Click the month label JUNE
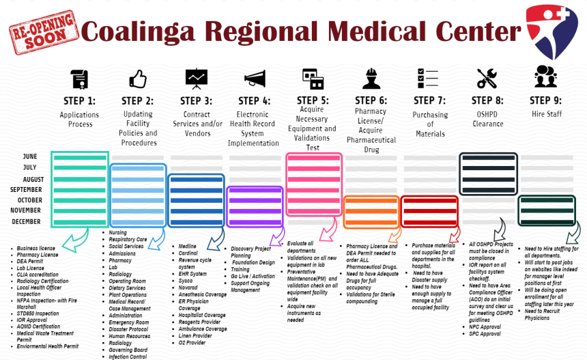[x=30, y=156]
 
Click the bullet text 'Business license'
[x=37, y=249]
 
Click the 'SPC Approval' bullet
[x=486, y=334]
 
